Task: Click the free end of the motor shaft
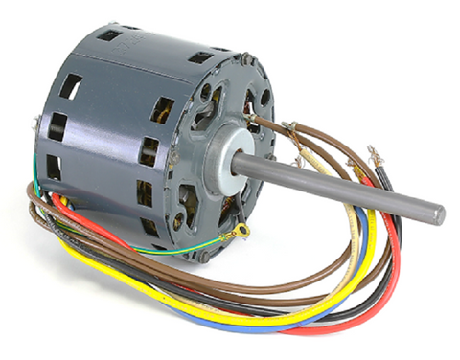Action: (437, 212)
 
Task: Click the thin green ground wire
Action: (172, 251)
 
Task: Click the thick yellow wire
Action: (144, 287)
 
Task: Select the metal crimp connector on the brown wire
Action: (288, 125)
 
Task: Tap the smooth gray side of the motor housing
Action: (105, 144)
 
